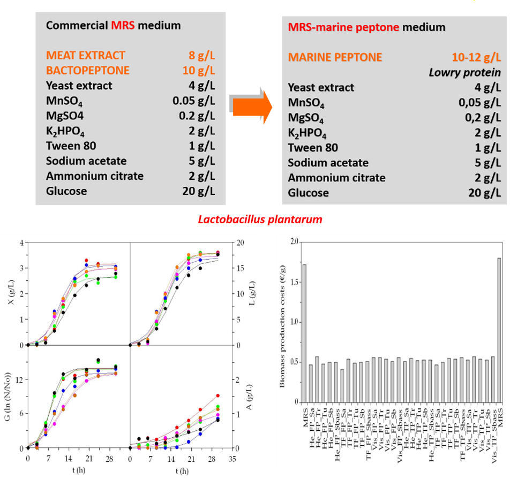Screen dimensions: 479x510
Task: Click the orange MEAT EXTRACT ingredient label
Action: [86, 56]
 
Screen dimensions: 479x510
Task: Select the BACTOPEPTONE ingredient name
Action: [88, 71]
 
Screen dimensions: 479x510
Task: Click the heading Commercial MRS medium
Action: [113, 25]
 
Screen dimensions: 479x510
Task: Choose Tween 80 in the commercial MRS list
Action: [71, 146]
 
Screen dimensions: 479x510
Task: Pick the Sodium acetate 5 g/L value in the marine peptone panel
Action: [485, 163]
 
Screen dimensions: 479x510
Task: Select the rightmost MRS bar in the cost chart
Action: [499, 330]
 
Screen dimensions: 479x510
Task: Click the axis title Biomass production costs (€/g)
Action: [277, 321]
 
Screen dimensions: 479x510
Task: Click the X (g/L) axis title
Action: [10, 293]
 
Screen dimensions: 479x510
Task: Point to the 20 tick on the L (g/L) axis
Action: [242, 242]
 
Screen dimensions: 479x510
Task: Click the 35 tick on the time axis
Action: [232, 459]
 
